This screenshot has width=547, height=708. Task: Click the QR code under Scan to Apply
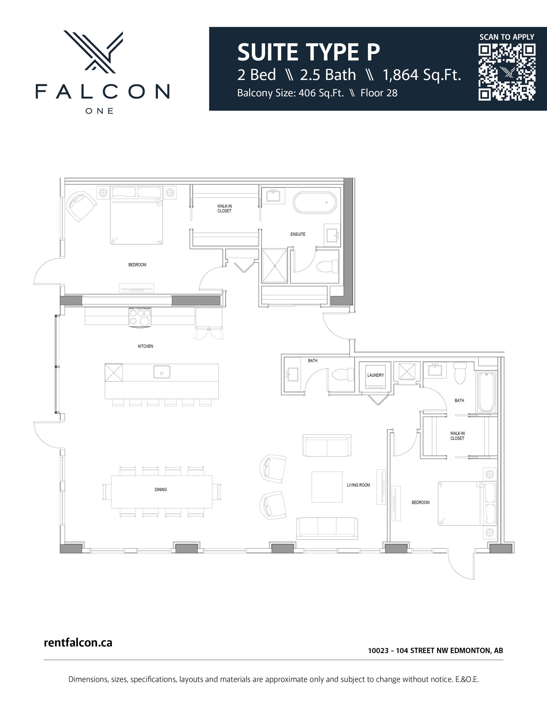(x=507, y=72)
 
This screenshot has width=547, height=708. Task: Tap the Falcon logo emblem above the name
(x=93, y=51)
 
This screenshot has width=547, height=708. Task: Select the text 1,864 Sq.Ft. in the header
(x=422, y=75)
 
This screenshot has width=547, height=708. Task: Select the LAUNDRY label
(x=376, y=375)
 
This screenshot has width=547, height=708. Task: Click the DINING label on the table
(x=161, y=490)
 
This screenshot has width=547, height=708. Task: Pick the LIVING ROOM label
(x=358, y=485)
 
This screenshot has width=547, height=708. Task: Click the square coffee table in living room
(x=327, y=487)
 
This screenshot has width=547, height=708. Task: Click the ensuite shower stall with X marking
(x=274, y=266)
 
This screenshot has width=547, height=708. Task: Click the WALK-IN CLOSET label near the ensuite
(x=224, y=208)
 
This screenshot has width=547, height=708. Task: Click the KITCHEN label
(x=146, y=346)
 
